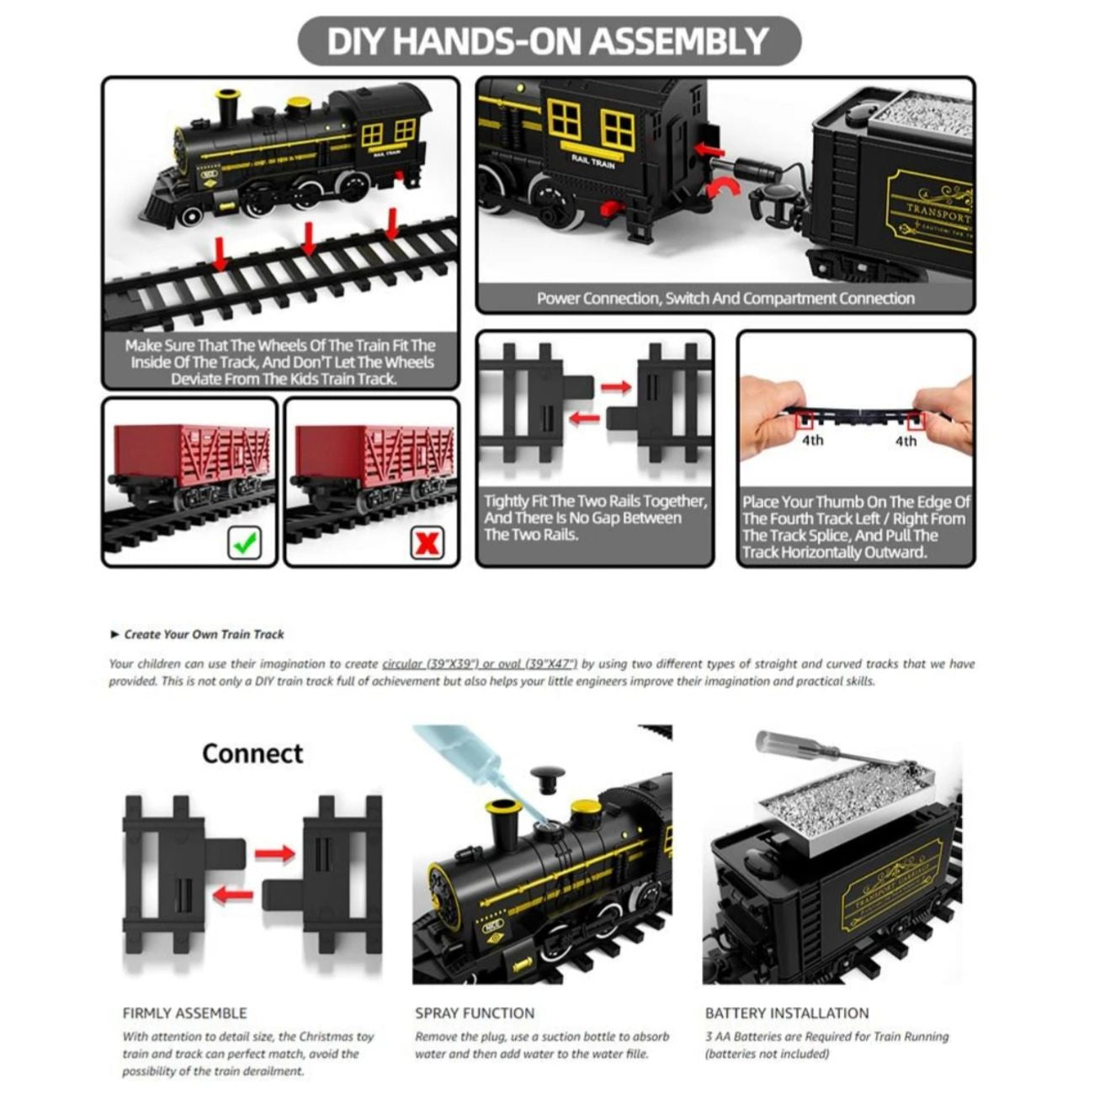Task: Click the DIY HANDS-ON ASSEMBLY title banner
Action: (548, 40)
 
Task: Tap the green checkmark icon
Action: (244, 543)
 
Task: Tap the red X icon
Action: (428, 543)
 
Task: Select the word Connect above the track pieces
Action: (252, 753)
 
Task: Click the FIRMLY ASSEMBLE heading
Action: (184, 1013)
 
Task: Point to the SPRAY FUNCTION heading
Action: (474, 1013)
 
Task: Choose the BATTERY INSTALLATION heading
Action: (786, 1013)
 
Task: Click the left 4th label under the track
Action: (812, 440)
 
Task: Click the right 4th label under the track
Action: (905, 440)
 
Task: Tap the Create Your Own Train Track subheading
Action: (204, 635)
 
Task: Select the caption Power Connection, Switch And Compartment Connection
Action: (725, 299)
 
